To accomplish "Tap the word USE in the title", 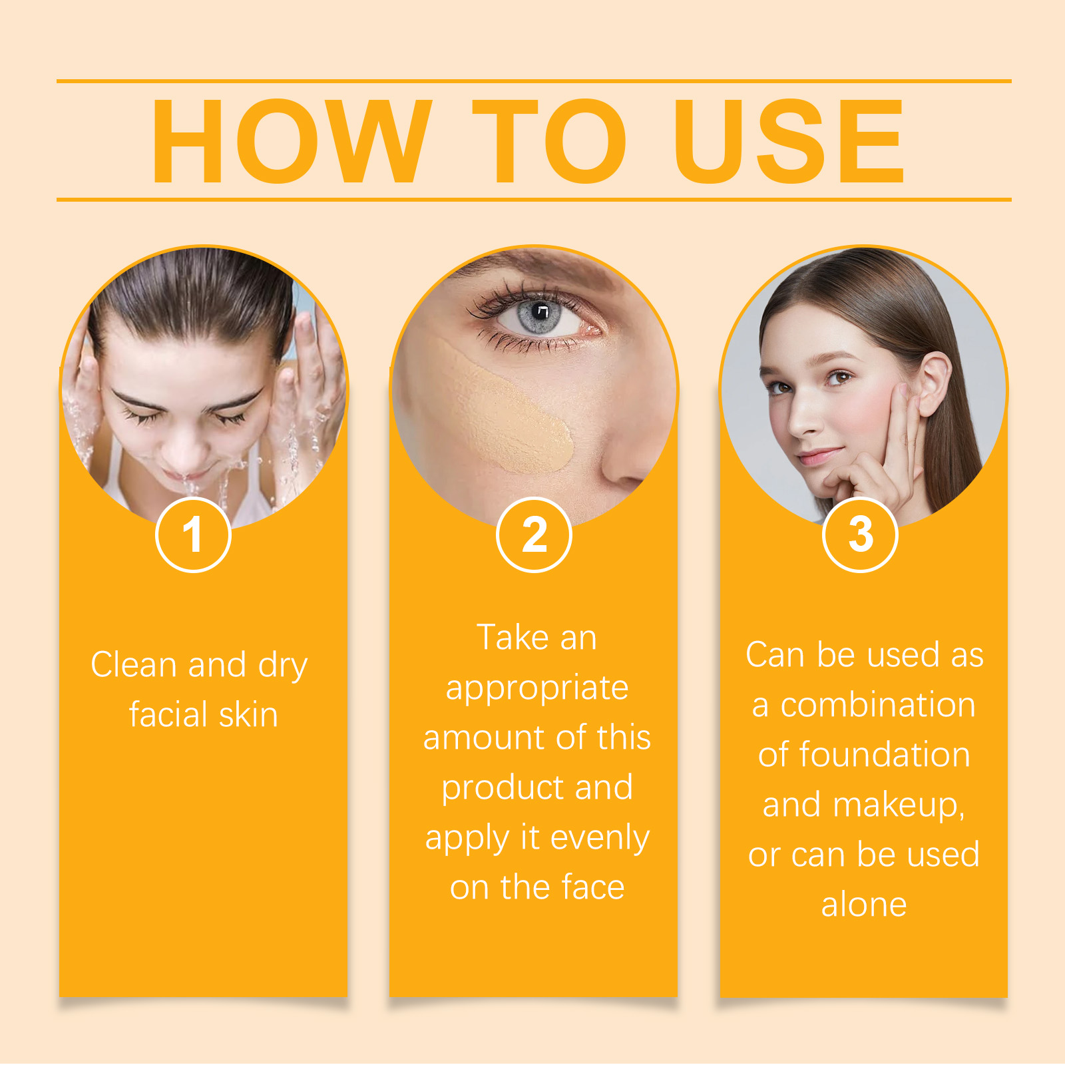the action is click(789, 140).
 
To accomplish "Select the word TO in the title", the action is click(549, 140).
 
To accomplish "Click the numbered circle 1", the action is click(193, 534).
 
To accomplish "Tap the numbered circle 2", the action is click(534, 534).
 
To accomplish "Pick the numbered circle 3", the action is click(861, 534).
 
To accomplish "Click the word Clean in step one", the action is click(135, 664).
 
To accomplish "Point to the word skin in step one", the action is click(248, 715).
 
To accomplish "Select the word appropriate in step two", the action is click(537, 688).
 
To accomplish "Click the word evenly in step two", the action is click(600, 839).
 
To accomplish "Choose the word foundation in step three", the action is click(885, 755).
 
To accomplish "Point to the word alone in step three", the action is click(864, 905).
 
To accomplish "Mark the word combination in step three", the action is click(878, 705).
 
